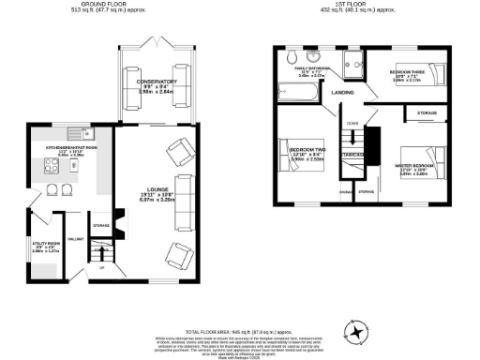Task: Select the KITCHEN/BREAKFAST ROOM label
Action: click(x=60, y=148)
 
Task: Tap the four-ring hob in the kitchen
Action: click(x=46, y=169)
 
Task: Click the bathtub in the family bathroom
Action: click(x=296, y=91)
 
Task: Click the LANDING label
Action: click(x=340, y=92)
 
